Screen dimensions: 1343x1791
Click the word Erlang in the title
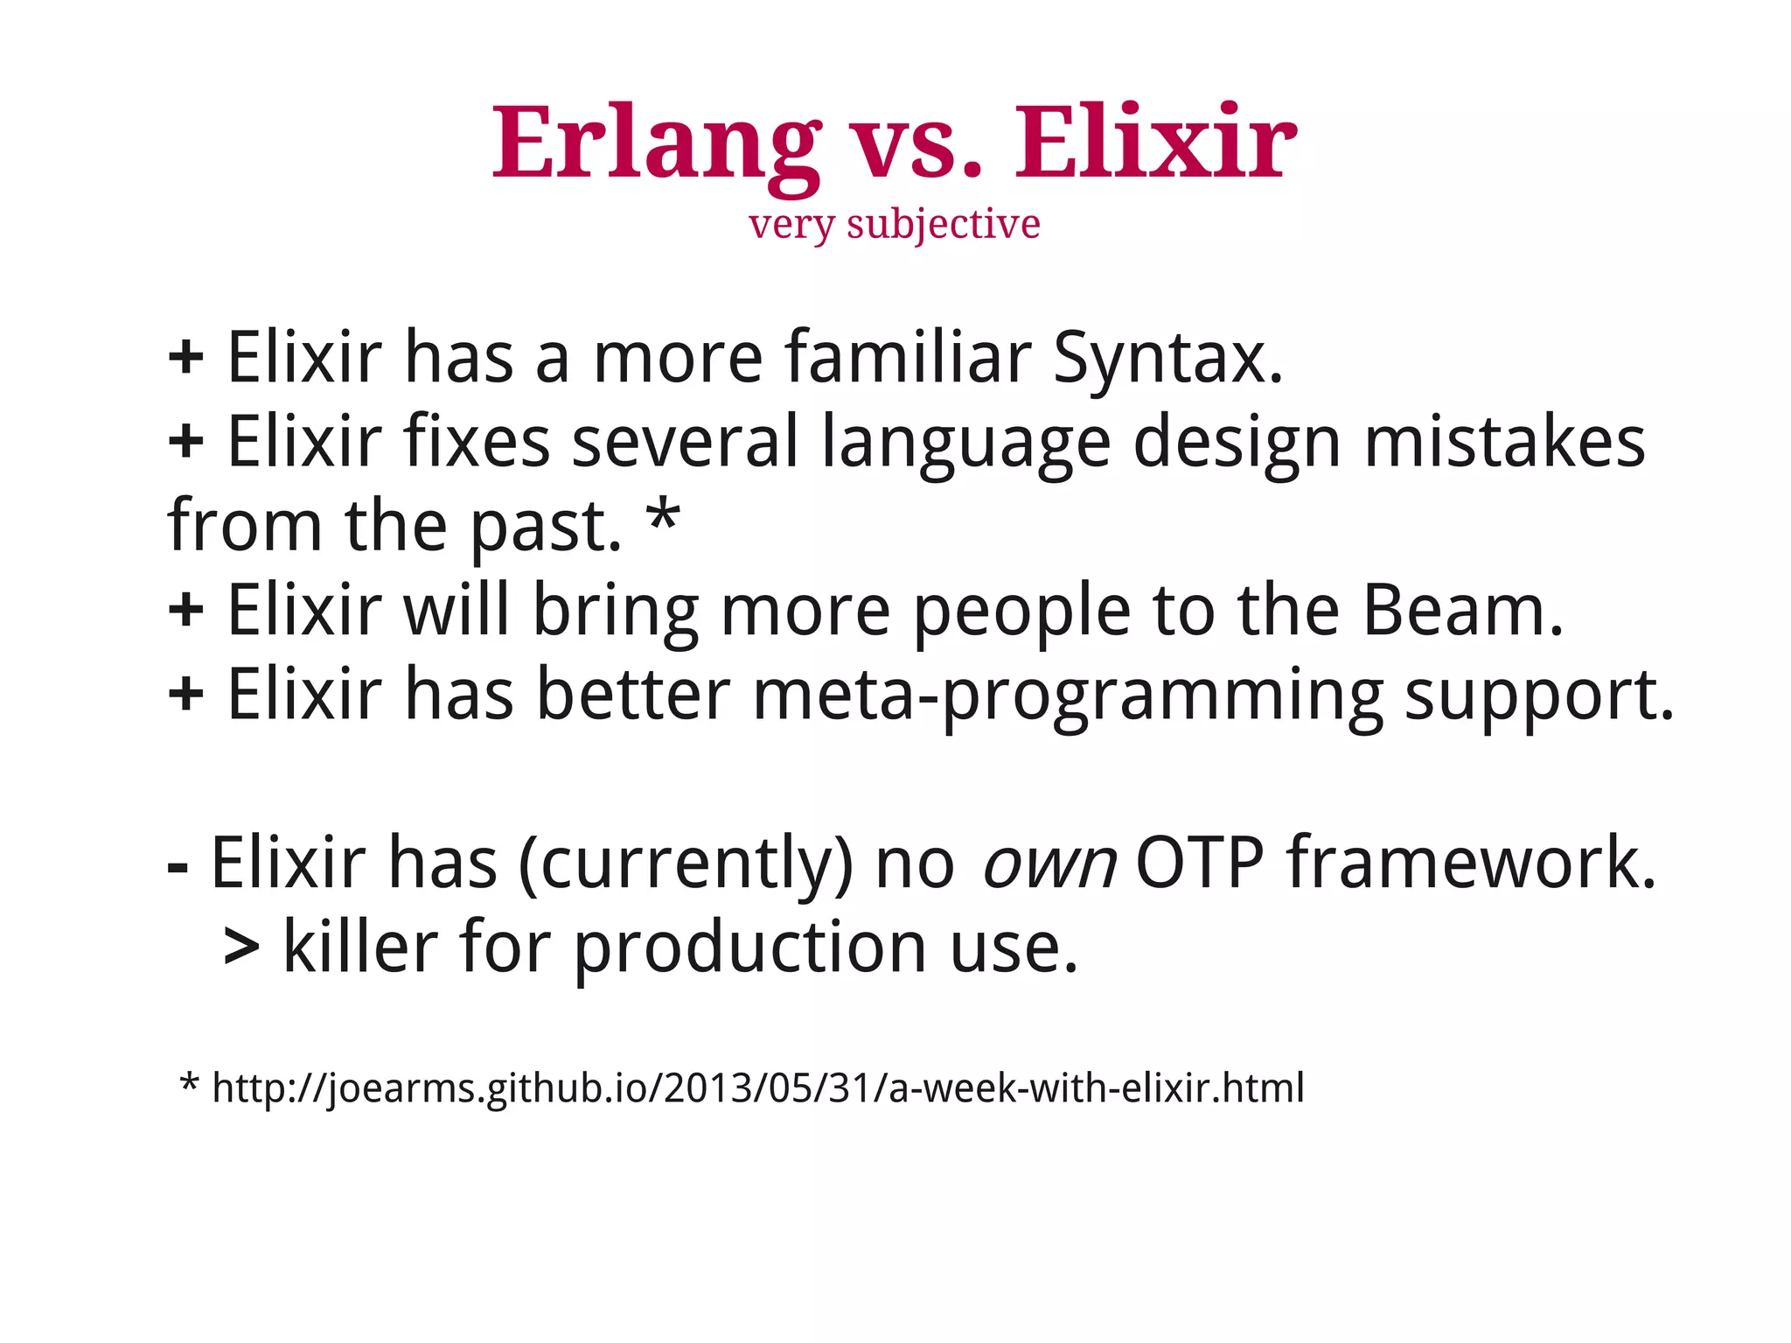pyautogui.click(x=656, y=144)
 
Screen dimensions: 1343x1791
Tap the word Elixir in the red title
pyautogui.click(x=1154, y=144)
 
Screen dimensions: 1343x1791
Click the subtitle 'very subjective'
pyautogui.click(x=895, y=224)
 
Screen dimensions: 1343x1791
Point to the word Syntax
pyautogui.click(x=1167, y=359)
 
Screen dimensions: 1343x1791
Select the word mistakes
pyautogui.click(x=1504, y=442)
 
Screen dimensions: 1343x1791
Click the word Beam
pyautogui.click(x=1462, y=610)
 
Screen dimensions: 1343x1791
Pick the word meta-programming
pyautogui.click(x=1068, y=696)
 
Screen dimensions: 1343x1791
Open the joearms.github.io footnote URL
pyautogui.click(x=757, y=1088)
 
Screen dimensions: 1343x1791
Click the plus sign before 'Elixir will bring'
pyautogui.click(x=185, y=610)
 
